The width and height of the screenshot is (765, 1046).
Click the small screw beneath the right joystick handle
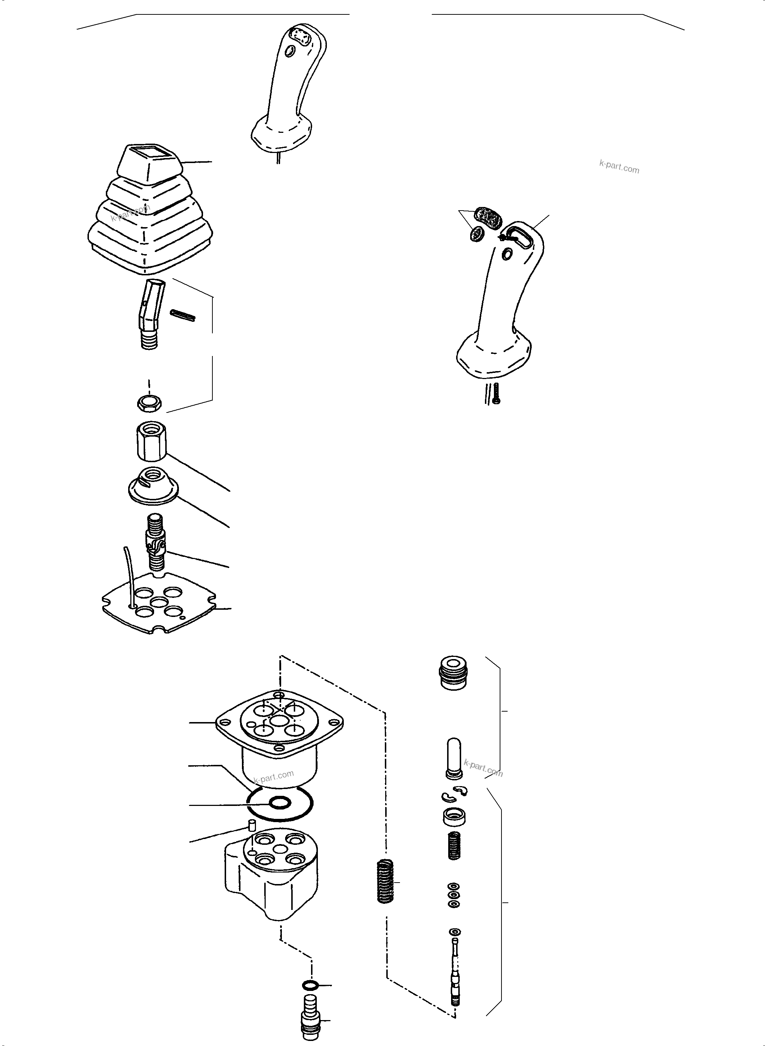pos(496,393)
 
